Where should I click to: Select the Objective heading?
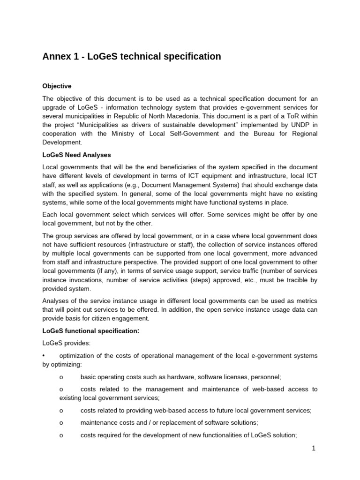tap(57, 86)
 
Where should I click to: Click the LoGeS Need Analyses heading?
tap(76, 155)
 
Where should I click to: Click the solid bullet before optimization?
tap(44, 356)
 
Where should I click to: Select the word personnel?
tap(265, 376)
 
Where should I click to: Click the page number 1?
tap(314, 449)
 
